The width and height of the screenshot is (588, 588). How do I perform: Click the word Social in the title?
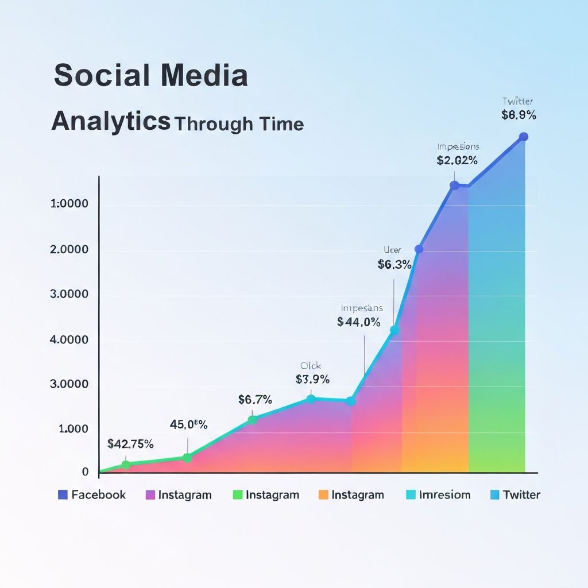(94, 76)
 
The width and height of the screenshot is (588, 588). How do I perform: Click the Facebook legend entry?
(92, 494)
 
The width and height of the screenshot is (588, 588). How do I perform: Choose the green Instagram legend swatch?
(237, 494)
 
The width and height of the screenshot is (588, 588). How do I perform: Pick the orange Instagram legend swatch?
(323, 494)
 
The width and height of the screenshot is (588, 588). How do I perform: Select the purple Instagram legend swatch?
(151, 494)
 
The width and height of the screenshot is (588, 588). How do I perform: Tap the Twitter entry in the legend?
(515, 494)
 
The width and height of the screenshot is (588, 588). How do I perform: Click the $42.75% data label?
(130, 443)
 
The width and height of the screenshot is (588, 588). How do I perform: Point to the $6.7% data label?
(255, 400)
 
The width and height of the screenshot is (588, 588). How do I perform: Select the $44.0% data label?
(359, 322)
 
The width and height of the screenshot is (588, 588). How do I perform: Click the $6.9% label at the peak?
(519, 115)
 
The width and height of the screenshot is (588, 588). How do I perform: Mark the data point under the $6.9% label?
(523, 137)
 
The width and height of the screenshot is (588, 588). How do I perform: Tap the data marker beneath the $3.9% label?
(311, 399)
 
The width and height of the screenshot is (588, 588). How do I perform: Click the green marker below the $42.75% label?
(126, 464)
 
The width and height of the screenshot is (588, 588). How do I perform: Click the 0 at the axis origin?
(85, 472)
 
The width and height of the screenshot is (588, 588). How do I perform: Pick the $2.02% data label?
(457, 161)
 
